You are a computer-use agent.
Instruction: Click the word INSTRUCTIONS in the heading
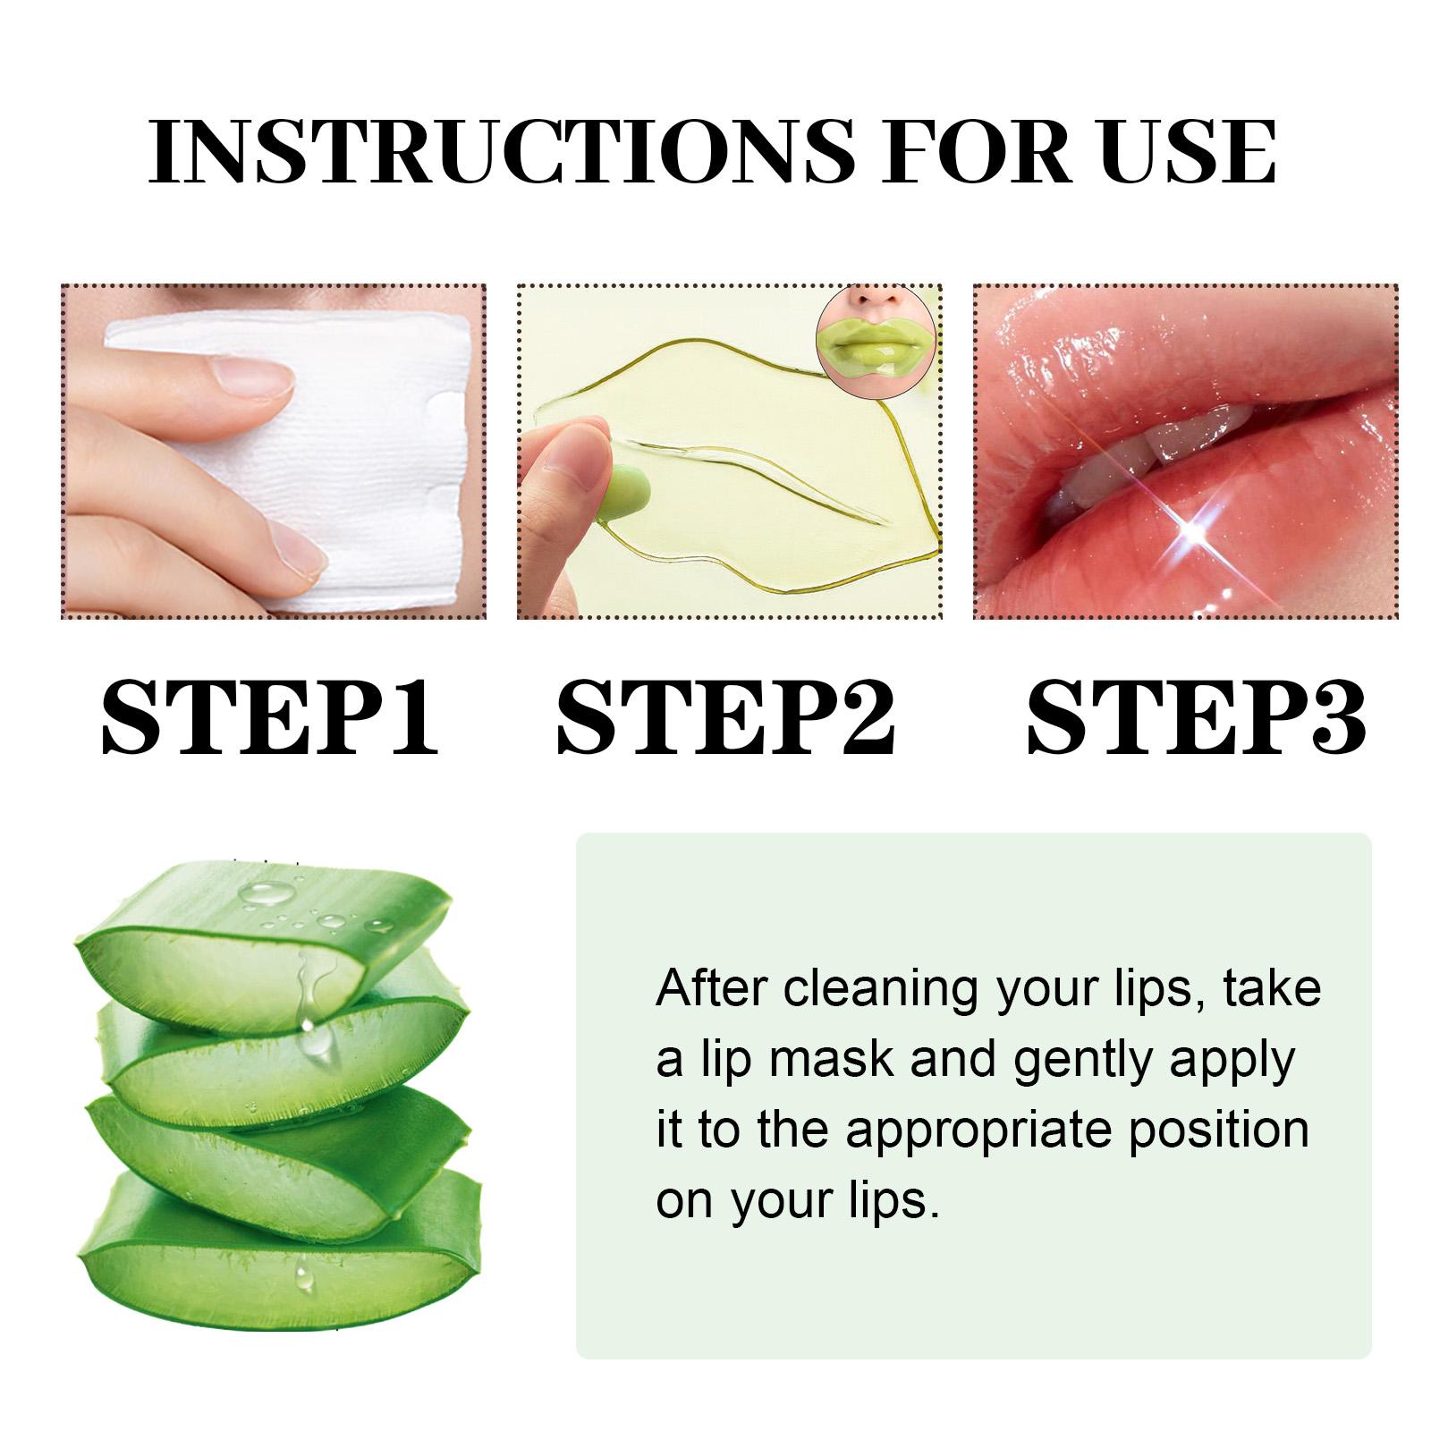point(502,149)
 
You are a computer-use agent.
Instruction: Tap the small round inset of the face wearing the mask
point(876,341)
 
